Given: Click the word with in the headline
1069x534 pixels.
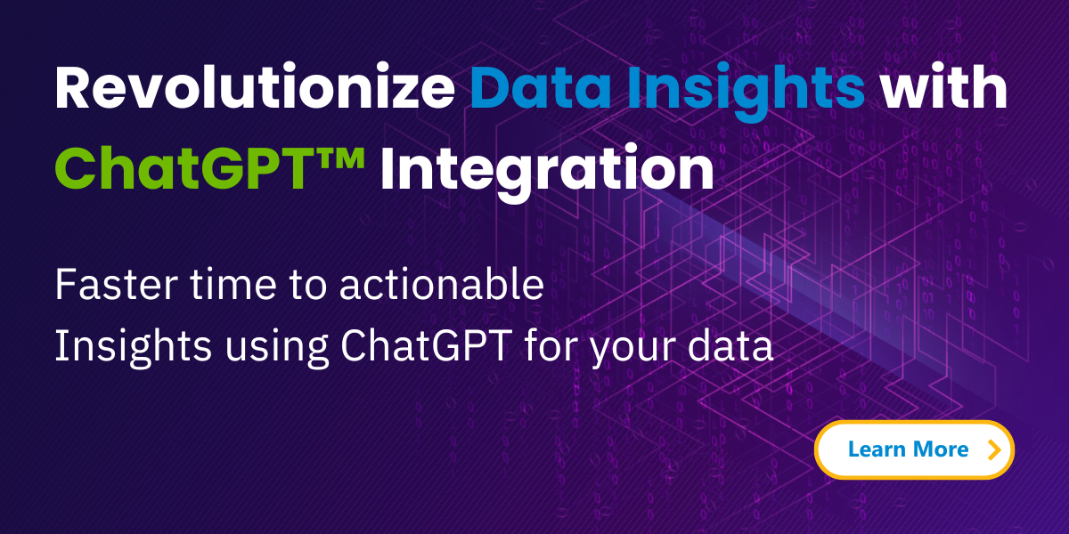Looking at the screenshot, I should click(943, 89).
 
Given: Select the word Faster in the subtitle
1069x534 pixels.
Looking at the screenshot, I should click(103, 286).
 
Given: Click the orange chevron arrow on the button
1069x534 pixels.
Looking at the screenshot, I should click(995, 450).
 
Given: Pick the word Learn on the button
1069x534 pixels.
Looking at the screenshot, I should click(877, 450).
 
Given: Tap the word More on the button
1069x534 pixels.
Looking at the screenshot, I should click(942, 450).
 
